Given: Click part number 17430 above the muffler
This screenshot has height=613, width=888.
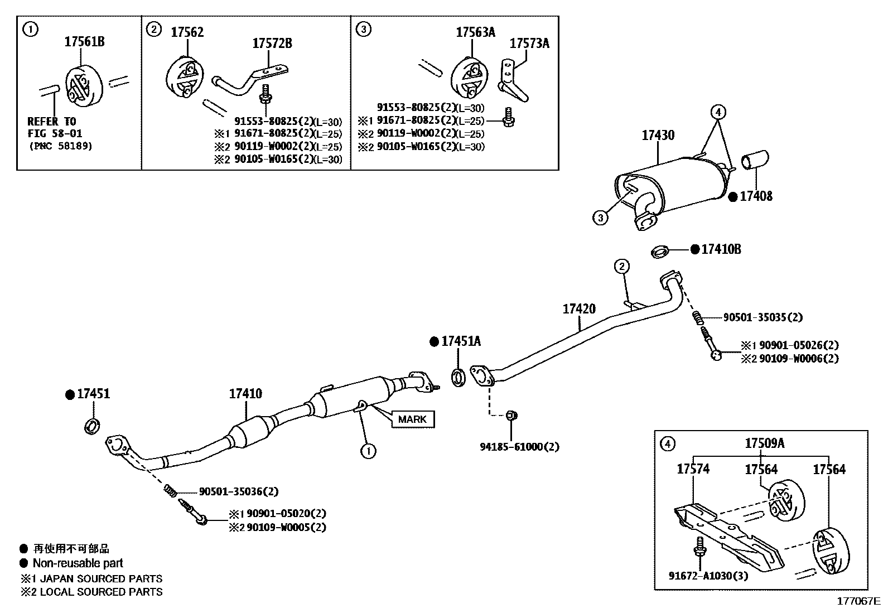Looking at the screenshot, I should coord(658,135).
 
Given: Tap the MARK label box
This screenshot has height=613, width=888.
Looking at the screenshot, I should coord(413,419).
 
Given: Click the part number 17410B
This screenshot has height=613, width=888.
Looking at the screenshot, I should coord(721,249).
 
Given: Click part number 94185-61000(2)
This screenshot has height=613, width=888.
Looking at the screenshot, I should coord(519,447).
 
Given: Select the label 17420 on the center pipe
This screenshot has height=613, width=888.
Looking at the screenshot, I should coord(579,308).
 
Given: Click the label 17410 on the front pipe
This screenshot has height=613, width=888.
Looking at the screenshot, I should coord(245,394).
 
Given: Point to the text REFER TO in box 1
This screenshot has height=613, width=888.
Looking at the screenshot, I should coord(51,121).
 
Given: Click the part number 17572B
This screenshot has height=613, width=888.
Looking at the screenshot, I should coord(272,43).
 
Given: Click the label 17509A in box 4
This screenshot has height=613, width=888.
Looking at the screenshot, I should coord(764,443).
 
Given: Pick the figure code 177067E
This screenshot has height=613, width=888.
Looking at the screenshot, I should coord(857,602).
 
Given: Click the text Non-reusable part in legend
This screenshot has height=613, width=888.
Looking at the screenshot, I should coord(78,563).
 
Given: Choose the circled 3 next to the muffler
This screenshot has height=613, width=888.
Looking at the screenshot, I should coord(600,218).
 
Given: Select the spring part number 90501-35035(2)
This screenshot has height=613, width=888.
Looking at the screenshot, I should coord(762,317).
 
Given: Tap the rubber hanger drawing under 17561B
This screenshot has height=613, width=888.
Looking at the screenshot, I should coord(84,85).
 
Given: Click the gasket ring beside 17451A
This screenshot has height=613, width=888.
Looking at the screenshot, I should coord(459,377).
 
